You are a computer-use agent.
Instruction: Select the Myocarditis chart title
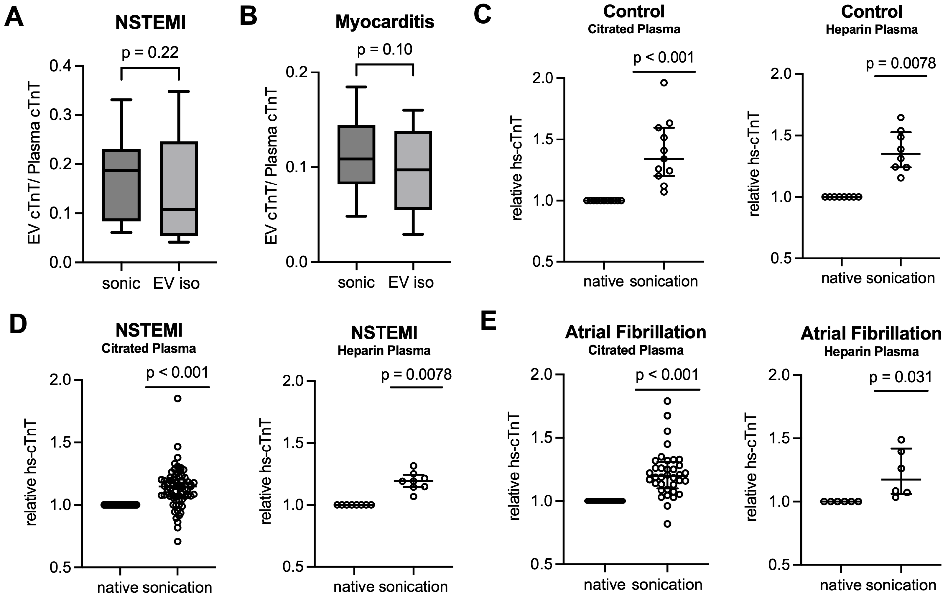click(x=385, y=22)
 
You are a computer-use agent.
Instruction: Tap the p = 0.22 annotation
click(x=150, y=53)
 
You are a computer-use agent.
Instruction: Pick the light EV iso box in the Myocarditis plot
click(x=413, y=170)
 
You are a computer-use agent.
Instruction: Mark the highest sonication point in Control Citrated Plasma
click(x=664, y=83)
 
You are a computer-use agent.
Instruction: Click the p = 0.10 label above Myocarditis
click(x=385, y=50)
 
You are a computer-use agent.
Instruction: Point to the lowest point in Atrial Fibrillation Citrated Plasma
click(x=667, y=524)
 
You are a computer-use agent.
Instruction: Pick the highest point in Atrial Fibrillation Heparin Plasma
click(x=901, y=439)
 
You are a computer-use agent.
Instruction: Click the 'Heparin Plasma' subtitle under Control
click(x=872, y=30)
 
